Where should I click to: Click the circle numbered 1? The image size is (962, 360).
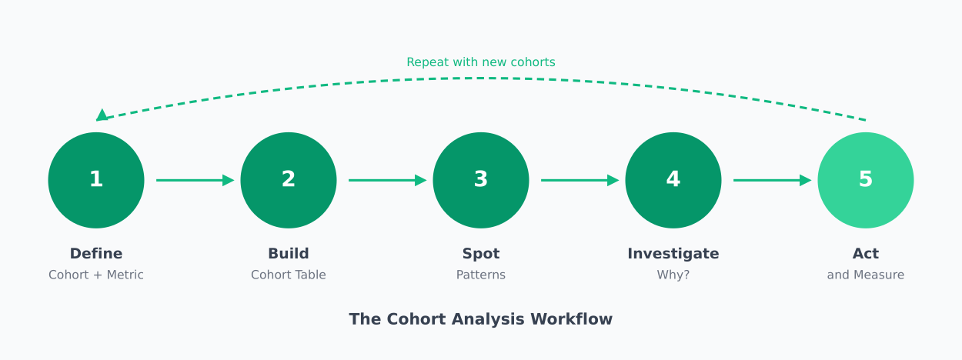click(x=96, y=180)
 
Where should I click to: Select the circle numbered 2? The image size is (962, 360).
click(x=289, y=180)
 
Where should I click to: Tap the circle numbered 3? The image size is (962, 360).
click(x=481, y=180)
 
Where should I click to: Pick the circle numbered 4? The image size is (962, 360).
click(x=673, y=180)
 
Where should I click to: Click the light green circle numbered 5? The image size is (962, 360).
click(x=866, y=180)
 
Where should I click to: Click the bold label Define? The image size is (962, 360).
click(x=96, y=254)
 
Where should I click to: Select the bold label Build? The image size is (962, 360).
click(x=289, y=254)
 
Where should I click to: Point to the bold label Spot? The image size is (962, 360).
click(x=481, y=254)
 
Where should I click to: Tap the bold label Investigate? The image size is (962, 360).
click(x=673, y=254)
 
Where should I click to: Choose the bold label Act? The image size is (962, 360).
click(x=866, y=254)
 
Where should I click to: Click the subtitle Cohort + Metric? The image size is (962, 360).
click(x=96, y=275)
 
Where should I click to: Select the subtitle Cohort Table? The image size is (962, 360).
click(x=289, y=275)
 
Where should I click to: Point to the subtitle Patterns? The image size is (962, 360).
click(x=481, y=275)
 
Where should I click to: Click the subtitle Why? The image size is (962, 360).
click(x=673, y=275)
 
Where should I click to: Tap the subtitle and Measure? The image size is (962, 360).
click(x=866, y=275)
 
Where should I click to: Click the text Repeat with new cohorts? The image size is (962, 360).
click(x=481, y=62)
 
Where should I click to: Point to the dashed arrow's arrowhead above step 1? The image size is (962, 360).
click(x=102, y=115)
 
